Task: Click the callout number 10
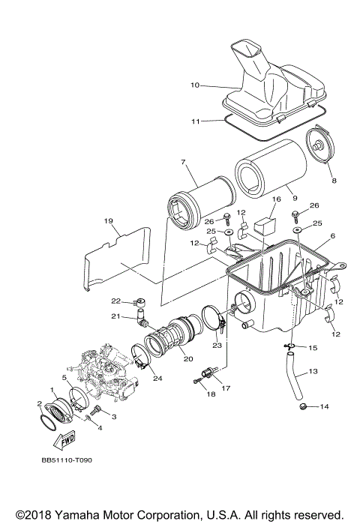(x=194, y=85)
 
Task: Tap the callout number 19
(x=108, y=221)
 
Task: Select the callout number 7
(x=182, y=162)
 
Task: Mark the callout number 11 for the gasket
(x=194, y=120)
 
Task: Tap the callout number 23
(x=217, y=346)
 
